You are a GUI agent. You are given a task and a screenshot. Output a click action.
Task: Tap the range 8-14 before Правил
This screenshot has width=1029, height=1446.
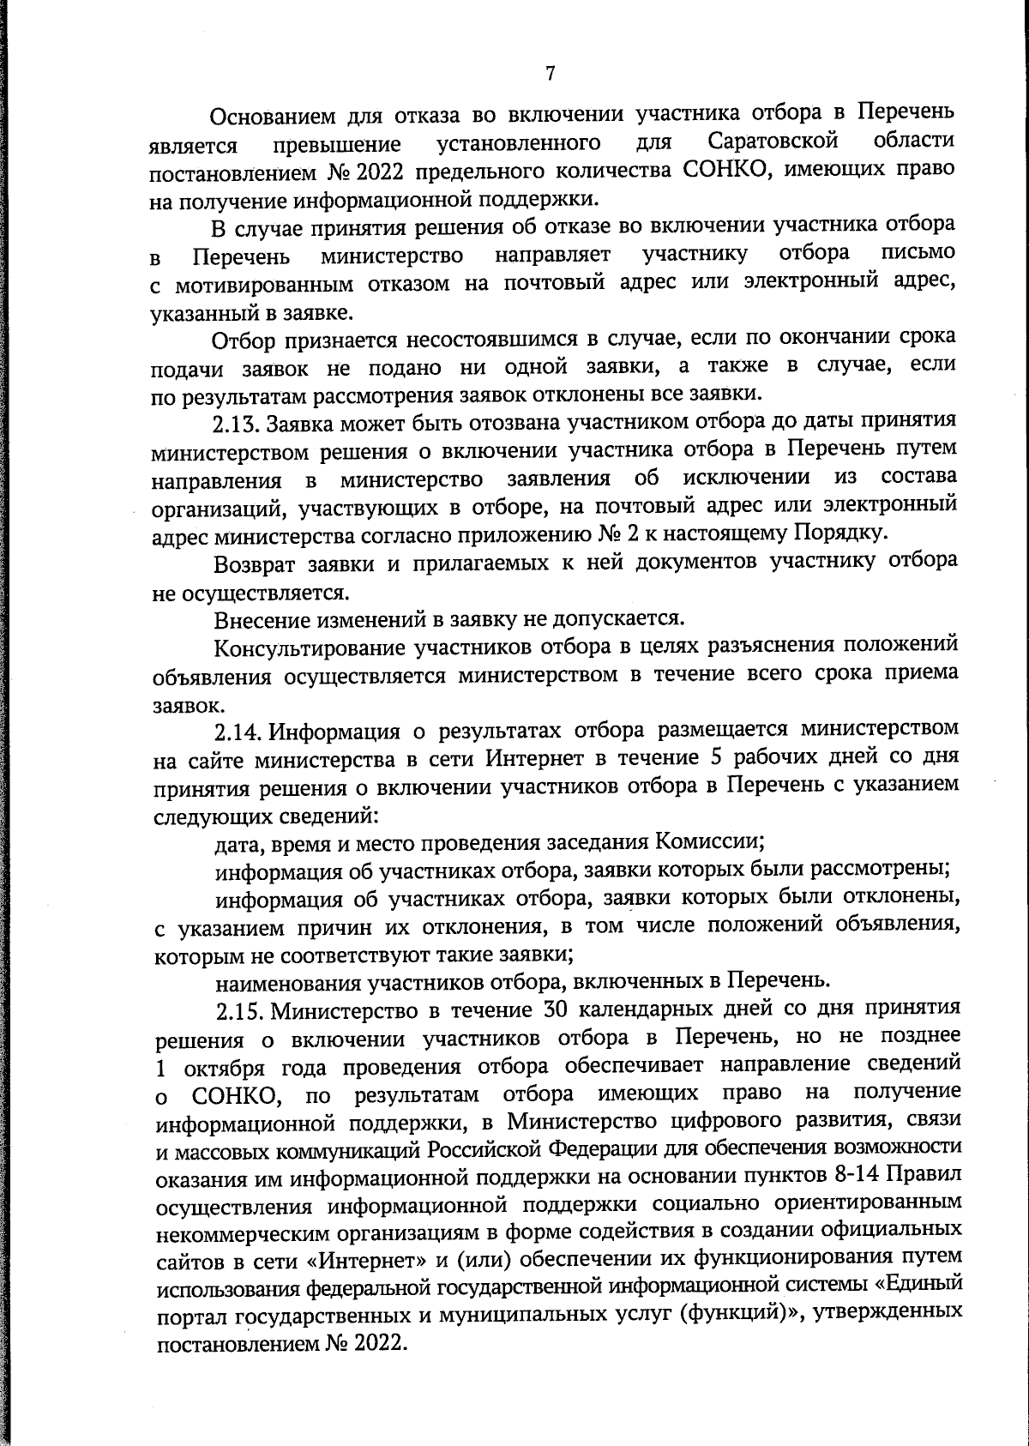863,1174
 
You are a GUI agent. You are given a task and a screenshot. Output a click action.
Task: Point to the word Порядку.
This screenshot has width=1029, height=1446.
840,533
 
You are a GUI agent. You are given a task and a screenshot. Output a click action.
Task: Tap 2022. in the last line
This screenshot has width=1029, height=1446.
375,1342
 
